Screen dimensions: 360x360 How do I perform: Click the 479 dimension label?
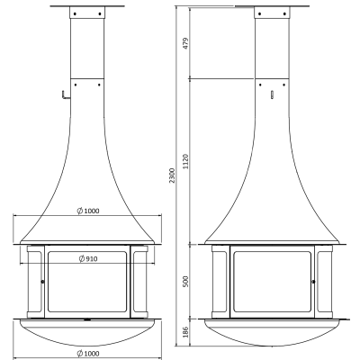pos(185,43)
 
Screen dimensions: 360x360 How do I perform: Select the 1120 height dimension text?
pos(185,161)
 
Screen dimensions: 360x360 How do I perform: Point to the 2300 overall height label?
pos(172,175)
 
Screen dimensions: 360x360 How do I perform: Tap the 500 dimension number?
pos(185,282)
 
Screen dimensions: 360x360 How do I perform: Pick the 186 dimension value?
pos(185,332)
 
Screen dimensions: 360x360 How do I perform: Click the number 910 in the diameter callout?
pos(92,258)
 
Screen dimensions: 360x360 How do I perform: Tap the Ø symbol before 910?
pos(82,258)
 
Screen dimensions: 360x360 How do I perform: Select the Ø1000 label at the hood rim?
pos(87,211)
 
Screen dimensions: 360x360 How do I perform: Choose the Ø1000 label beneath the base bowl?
pos(87,354)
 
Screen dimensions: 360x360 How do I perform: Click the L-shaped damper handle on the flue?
pos(65,95)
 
